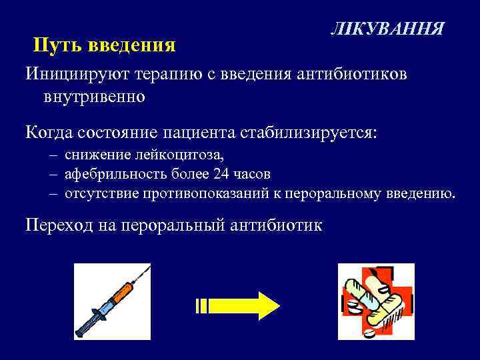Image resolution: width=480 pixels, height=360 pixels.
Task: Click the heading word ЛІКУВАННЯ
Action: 387,30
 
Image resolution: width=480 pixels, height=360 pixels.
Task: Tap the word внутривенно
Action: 93,97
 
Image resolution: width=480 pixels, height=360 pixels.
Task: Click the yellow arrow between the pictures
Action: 237,305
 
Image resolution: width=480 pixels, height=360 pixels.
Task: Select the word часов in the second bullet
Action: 254,175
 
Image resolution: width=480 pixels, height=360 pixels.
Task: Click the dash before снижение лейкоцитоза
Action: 53,156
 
